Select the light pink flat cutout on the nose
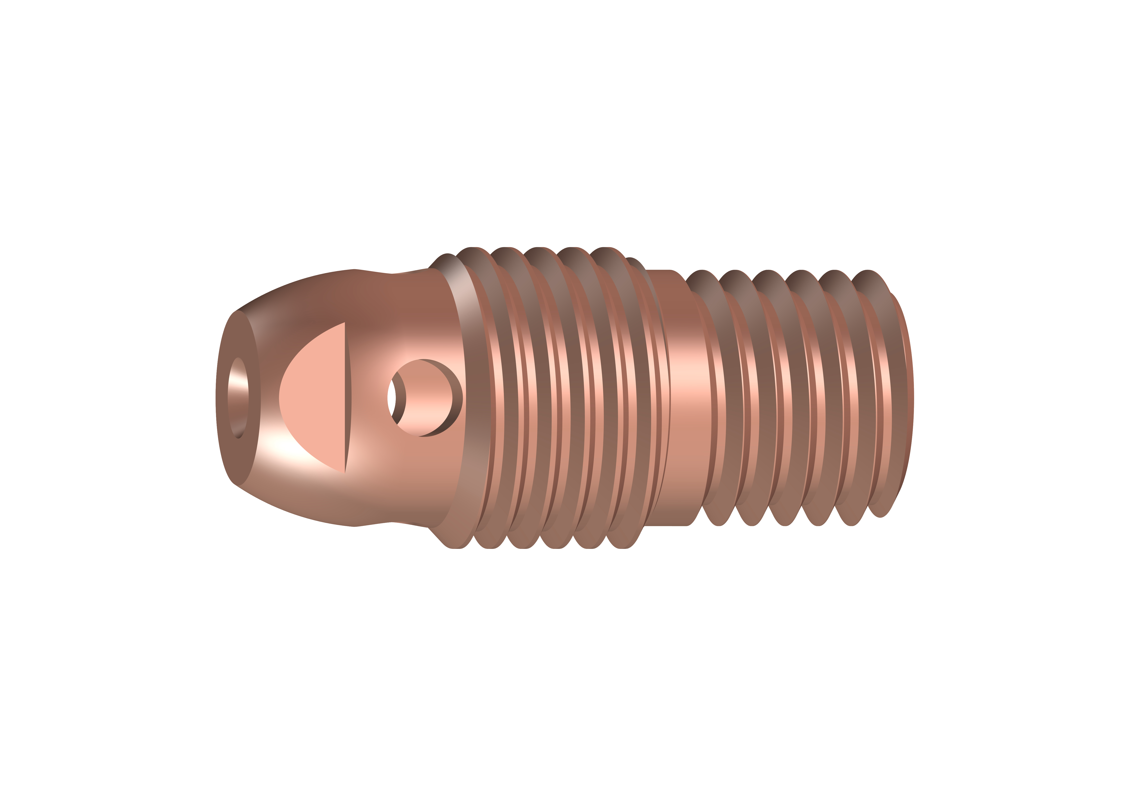316,397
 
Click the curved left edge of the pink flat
280,397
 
